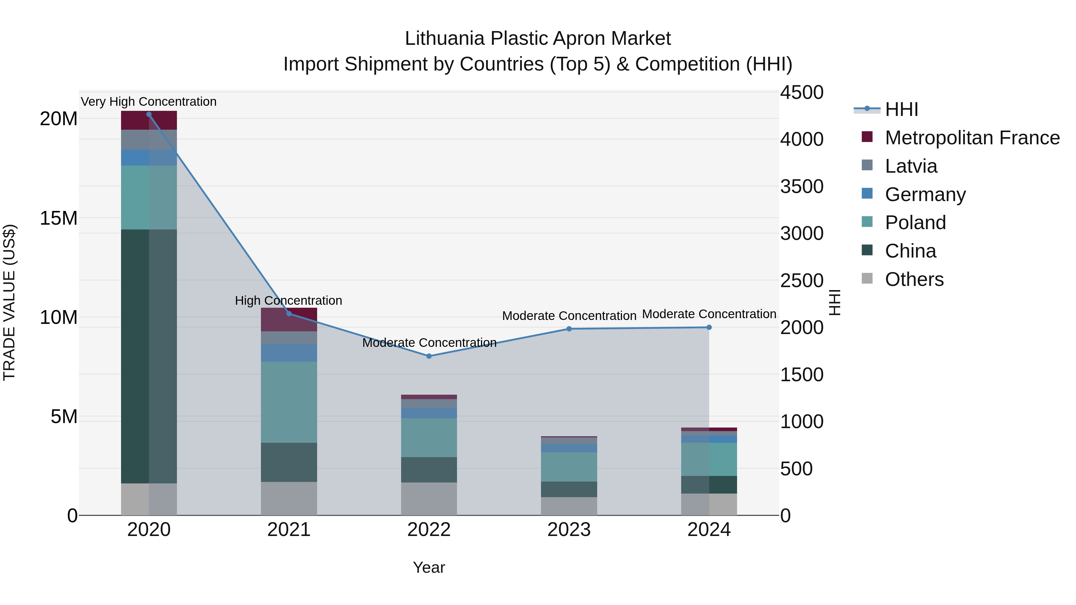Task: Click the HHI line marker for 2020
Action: (x=149, y=114)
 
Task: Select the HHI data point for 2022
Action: (x=429, y=356)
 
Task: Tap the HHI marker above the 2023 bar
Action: (x=569, y=329)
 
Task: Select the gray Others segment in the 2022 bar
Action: (x=429, y=499)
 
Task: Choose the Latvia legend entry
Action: (x=911, y=166)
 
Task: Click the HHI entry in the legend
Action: (x=901, y=109)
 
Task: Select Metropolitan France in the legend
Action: (x=972, y=138)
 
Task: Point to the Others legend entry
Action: (x=914, y=279)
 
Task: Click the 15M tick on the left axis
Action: (x=59, y=218)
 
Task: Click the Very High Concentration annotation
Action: (x=149, y=102)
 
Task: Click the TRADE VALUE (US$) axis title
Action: (x=9, y=302)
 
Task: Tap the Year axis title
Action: (x=429, y=567)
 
